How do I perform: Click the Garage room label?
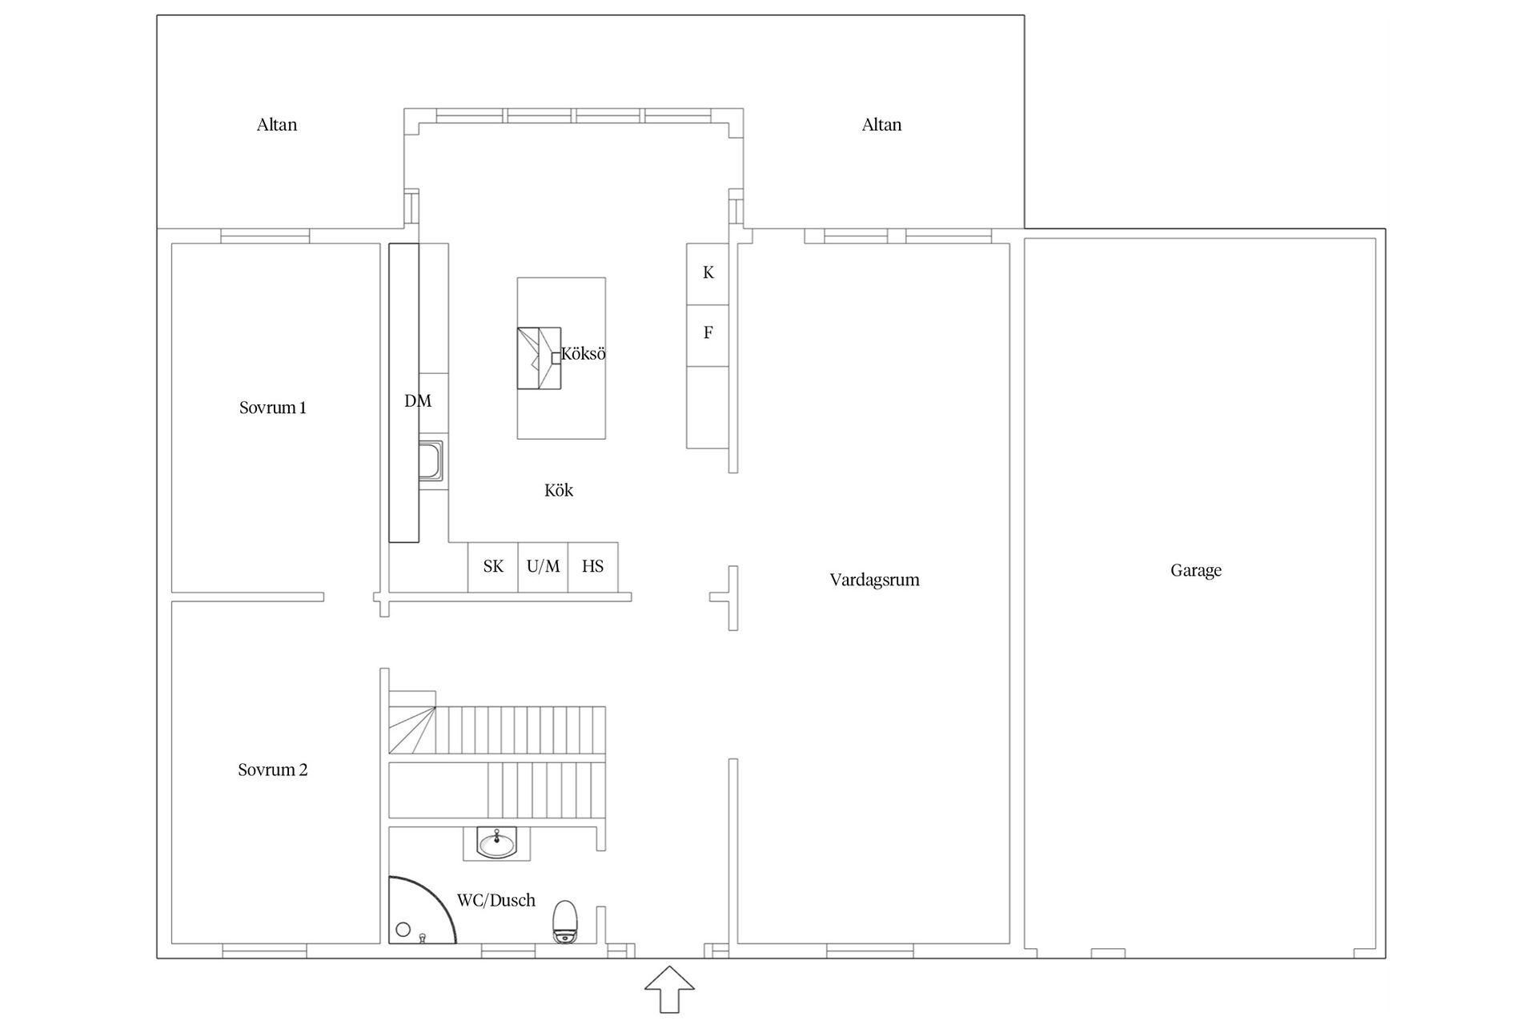tap(1196, 571)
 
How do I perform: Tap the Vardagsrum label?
tap(874, 580)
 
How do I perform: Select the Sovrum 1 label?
tap(272, 408)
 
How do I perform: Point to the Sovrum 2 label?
tap(272, 770)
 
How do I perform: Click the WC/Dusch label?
tap(496, 900)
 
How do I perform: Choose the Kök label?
tap(559, 490)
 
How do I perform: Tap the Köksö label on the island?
tap(583, 353)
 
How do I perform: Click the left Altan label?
tap(277, 124)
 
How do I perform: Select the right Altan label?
tap(881, 124)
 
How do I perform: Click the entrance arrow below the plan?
tap(669, 989)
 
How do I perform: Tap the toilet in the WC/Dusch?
tap(565, 922)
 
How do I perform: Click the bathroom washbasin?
tap(497, 843)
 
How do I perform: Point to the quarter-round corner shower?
tap(422, 910)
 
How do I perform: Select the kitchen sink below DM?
tap(431, 460)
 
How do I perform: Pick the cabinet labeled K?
tap(708, 274)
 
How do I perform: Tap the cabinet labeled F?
tap(708, 336)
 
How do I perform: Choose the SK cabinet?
tap(493, 567)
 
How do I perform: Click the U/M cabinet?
tap(543, 567)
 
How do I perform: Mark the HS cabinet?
tap(593, 567)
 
